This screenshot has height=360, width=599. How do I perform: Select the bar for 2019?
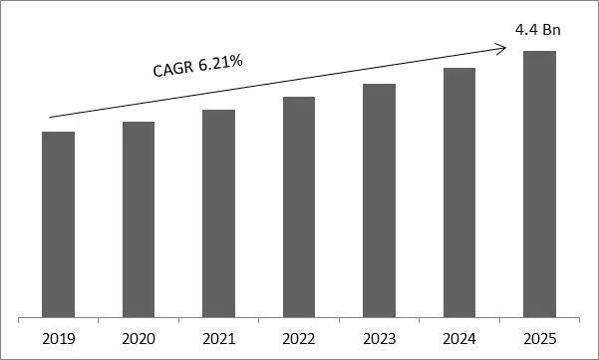(x=58, y=225)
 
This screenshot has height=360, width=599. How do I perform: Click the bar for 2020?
(x=139, y=220)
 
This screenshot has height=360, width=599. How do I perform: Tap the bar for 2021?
(x=218, y=214)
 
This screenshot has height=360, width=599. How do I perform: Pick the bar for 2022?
(x=299, y=208)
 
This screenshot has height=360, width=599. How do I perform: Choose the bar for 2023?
(x=379, y=201)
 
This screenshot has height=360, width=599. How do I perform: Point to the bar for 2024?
(x=459, y=193)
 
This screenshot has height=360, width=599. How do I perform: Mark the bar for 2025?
(x=539, y=184)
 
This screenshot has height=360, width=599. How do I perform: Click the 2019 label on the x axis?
(x=58, y=338)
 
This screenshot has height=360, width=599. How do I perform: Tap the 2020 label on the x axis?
(x=139, y=338)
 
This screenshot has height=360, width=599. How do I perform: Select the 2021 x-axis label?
(x=218, y=338)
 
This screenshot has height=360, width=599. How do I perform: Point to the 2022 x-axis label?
(x=299, y=338)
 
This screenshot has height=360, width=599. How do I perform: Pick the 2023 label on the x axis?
(x=379, y=338)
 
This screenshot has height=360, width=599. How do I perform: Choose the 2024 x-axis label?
(x=459, y=338)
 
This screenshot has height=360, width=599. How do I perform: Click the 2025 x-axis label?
(x=539, y=338)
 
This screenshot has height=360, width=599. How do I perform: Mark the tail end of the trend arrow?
(x=49, y=117)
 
